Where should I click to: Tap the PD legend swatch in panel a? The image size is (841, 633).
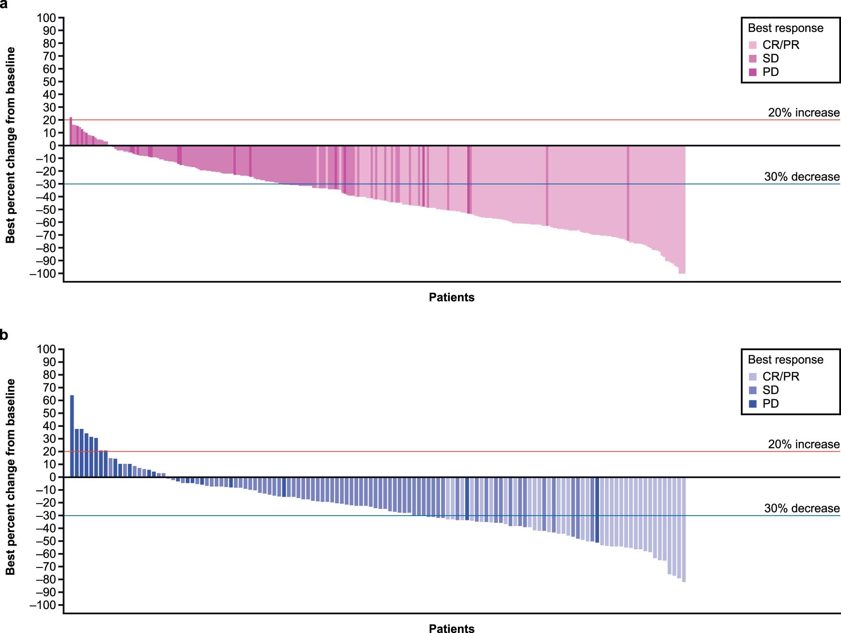[x=753, y=72]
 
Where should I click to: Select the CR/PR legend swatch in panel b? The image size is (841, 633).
[x=753, y=376]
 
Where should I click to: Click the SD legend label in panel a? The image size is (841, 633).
[x=770, y=59]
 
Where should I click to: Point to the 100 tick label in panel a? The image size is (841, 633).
[x=46, y=18]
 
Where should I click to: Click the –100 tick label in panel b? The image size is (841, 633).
[x=43, y=605]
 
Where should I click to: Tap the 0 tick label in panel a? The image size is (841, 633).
[x=52, y=146]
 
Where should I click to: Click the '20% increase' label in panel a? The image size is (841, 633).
[x=804, y=113]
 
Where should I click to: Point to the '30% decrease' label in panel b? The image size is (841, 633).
[x=802, y=508]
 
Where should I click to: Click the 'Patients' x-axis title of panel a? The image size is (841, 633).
[x=451, y=297]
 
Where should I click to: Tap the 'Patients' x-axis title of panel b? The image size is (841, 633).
[x=451, y=629]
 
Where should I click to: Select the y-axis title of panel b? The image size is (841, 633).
[x=10, y=476]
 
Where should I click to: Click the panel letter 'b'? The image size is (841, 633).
[x=4, y=335]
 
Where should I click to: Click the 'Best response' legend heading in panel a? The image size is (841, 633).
[x=785, y=28]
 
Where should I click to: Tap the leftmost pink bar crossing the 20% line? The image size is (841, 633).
[x=71, y=131]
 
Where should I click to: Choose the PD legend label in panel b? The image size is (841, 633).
[x=770, y=404]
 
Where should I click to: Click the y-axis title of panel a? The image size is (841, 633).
[x=10, y=145]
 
